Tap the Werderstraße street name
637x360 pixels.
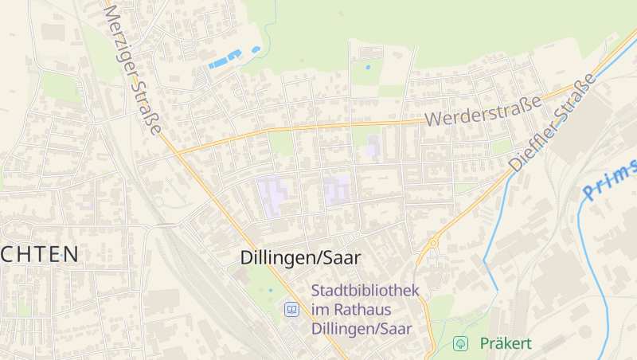pyautogui.click(x=483, y=111)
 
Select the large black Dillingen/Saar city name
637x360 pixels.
pyautogui.click(x=300, y=258)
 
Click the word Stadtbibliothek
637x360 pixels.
pyautogui.click(x=365, y=291)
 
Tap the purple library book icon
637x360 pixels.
pyautogui.click(x=292, y=309)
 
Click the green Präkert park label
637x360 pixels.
pyautogui.click(x=506, y=344)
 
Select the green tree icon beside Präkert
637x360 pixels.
pyautogui.click(x=459, y=344)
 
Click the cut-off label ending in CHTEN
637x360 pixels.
pyautogui.click(x=39, y=255)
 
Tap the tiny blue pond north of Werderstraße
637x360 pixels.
pyautogui.click(x=367, y=67)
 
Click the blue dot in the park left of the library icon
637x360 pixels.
pyautogui.click(x=271, y=290)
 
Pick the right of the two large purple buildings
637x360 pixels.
pyautogui.click(x=337, y=190)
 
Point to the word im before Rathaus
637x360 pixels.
pyautogui.click(x=320, y=309)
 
